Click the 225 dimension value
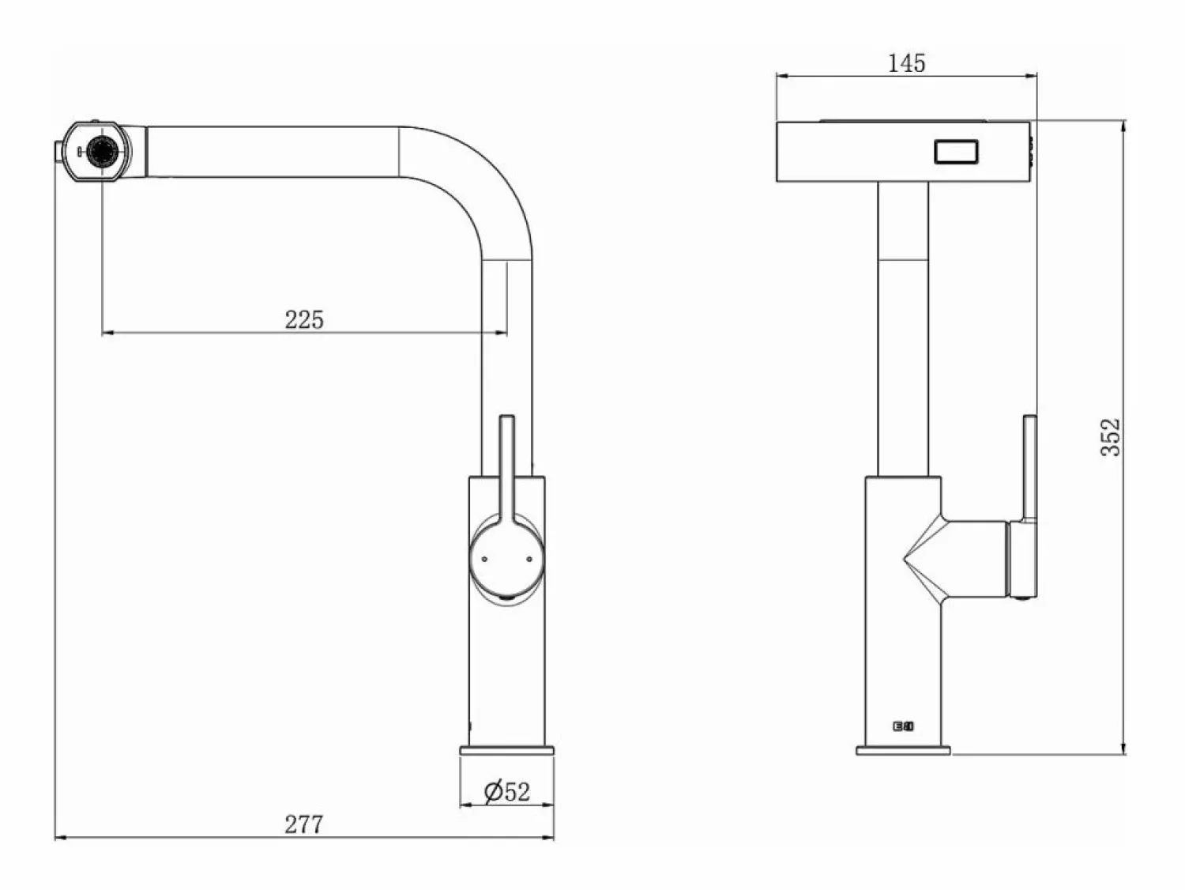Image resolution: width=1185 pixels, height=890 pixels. [304, 319]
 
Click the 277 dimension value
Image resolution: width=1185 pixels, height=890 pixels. [304, 824]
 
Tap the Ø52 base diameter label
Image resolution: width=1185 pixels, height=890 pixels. [507, 792]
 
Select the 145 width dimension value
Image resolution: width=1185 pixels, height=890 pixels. [906, 63]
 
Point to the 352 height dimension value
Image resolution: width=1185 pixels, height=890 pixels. [1110, 437]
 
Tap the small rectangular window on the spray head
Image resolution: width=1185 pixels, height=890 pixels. [956, 151]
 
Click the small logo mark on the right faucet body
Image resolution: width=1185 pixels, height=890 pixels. [903, 726]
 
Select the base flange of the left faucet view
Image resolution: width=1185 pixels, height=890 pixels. [507, 750]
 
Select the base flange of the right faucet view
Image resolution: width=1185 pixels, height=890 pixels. [903, 750]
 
